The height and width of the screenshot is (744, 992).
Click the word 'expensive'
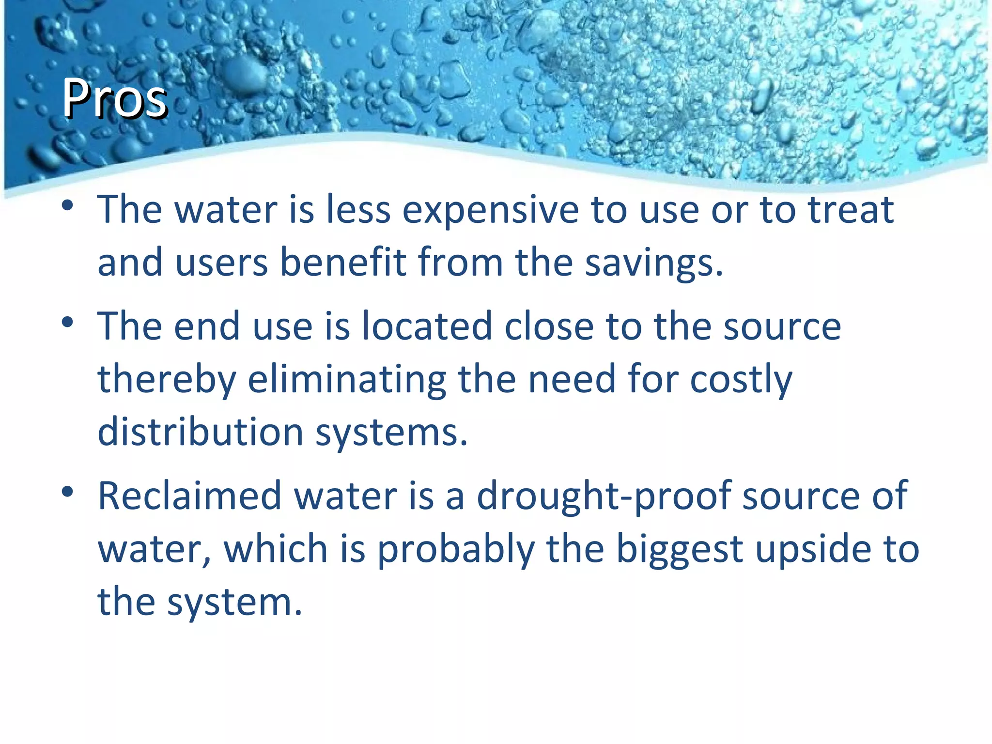tap(491, 211)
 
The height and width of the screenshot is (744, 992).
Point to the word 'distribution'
tap(201, 432)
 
